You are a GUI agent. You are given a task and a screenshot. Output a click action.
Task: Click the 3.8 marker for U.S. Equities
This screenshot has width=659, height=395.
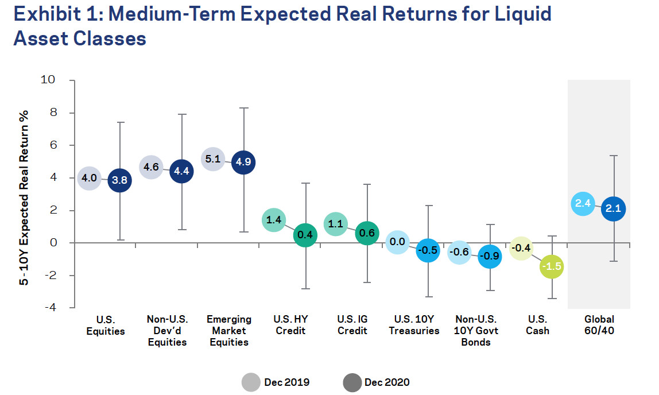coord(120,180)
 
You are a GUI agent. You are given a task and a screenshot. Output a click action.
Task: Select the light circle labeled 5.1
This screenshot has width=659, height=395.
coord(213,159)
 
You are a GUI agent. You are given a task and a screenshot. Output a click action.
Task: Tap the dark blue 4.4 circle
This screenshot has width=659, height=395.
coord(181,171)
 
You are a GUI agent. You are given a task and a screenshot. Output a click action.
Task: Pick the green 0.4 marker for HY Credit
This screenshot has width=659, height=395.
coord(305,235)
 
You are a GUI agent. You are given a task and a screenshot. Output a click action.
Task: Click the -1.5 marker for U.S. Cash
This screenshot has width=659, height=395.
coord(552,266)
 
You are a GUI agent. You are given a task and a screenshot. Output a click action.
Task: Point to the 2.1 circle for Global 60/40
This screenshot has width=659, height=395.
coord(614,209)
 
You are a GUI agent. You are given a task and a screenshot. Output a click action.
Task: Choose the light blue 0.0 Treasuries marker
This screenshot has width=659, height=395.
coord(398,242)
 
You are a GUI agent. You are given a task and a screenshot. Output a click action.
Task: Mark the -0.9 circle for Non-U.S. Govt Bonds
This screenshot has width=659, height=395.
coord(490,256)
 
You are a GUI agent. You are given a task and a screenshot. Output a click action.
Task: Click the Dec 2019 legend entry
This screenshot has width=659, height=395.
coord(276,382)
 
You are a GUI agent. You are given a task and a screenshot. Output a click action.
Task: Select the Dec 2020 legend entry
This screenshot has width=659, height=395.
coord(376,382)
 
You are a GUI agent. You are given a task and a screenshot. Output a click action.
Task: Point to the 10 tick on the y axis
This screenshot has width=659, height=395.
coord(48,80)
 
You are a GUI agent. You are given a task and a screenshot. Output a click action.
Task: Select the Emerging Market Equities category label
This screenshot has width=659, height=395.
coord(229,331)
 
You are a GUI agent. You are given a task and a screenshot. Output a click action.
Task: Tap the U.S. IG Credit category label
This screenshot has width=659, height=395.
coord(352,325)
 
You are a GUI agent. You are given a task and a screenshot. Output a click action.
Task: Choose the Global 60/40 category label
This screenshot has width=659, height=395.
coord(599,325)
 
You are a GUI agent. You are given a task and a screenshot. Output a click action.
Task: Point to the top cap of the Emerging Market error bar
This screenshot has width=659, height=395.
coord(243,108)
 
